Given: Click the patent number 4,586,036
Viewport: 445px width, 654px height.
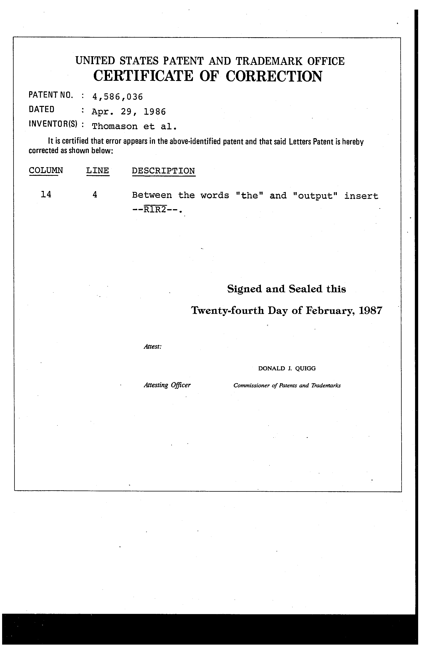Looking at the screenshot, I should point(117,97).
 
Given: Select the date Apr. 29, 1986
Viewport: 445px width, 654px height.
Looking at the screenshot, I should point(129,112).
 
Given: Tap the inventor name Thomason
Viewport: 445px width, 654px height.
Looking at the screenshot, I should point(115,126).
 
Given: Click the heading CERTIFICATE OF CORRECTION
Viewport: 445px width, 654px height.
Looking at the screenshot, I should point(208,76).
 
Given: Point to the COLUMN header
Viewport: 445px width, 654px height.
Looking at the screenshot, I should point(46,171).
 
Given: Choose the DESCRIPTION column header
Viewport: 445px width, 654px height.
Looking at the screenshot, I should point(163,171).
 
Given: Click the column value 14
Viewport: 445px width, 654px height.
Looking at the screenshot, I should point(46,194).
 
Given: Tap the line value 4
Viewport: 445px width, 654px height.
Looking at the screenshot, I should point(95,194).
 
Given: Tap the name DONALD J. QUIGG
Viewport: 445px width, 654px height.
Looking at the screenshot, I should point(287,368).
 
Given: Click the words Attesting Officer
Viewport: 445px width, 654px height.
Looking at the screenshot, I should point(167,385).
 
